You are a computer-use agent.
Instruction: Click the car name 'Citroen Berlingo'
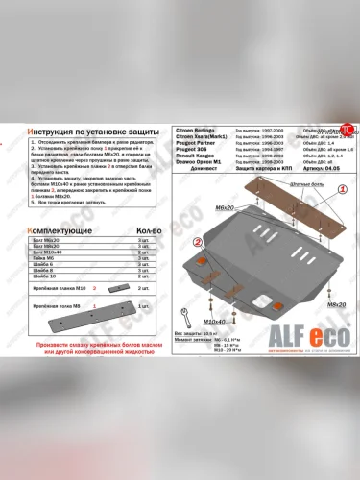pos(201,128)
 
